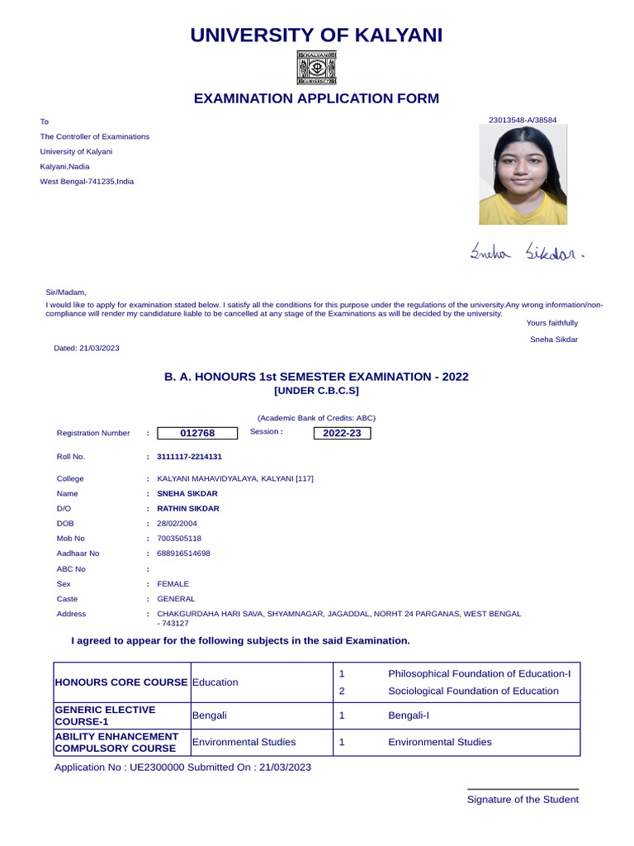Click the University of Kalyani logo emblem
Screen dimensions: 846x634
pos(316,68)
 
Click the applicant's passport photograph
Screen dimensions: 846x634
pos(523,176)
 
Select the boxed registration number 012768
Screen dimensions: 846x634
pos(197,433)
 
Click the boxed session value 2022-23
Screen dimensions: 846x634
pos(342,433)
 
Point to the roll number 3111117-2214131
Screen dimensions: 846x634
pos(189,456)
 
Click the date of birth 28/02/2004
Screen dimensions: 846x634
pos(177,524)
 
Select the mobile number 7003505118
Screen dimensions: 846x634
pos(179,539)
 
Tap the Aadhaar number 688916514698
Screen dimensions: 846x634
pos(183,554)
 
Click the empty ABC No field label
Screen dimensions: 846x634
pos(71,569)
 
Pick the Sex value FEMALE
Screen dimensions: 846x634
pos(173,584)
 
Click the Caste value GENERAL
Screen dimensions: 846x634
pos(176,599)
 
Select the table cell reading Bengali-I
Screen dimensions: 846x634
pos(409,715)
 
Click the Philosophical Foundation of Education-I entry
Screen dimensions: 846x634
pos(479,673)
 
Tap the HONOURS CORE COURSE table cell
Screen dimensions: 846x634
pos(121,682)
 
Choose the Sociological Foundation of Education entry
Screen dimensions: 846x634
pos(473,691)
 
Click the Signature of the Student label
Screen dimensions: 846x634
pos(523,799)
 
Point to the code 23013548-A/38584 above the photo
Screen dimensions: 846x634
pos(523,121)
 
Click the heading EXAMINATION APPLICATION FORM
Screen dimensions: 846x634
pos(316,99)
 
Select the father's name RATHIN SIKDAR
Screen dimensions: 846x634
pos(188,509)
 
